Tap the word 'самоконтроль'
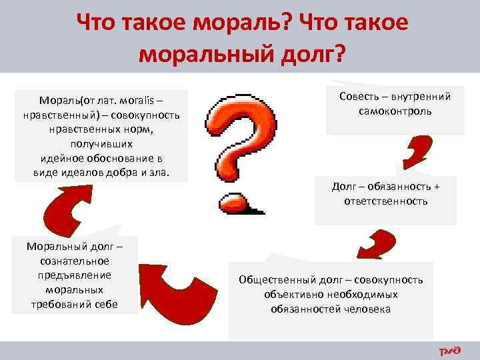395,111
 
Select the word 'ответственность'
386,200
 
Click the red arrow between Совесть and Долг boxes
417,151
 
